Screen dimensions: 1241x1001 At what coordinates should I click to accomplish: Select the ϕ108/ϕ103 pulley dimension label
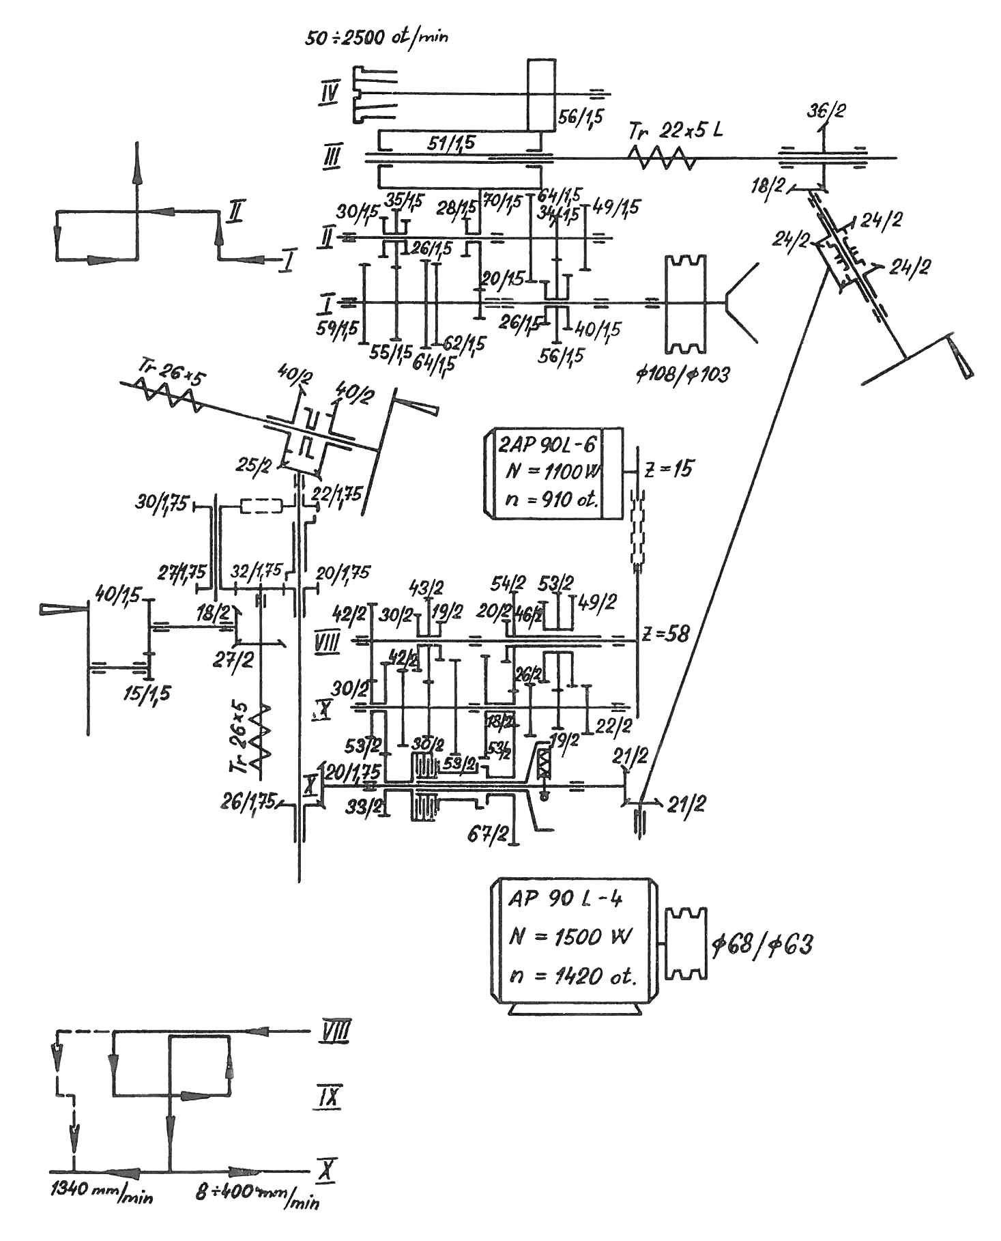(x=682, y=374)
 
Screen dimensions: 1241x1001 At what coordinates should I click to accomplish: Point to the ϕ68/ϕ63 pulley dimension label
(x=762, y=946)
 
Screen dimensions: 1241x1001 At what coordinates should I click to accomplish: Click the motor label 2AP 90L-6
(x=547, y=446)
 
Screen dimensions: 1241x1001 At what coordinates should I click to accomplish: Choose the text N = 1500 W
(x=572, y=937)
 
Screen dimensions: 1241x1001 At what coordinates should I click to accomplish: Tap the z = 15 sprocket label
(x=669, y=469)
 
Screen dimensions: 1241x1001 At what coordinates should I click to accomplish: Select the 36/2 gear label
(x=826, y=110)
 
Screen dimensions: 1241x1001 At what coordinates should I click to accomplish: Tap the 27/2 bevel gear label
(x=234, y=661)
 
